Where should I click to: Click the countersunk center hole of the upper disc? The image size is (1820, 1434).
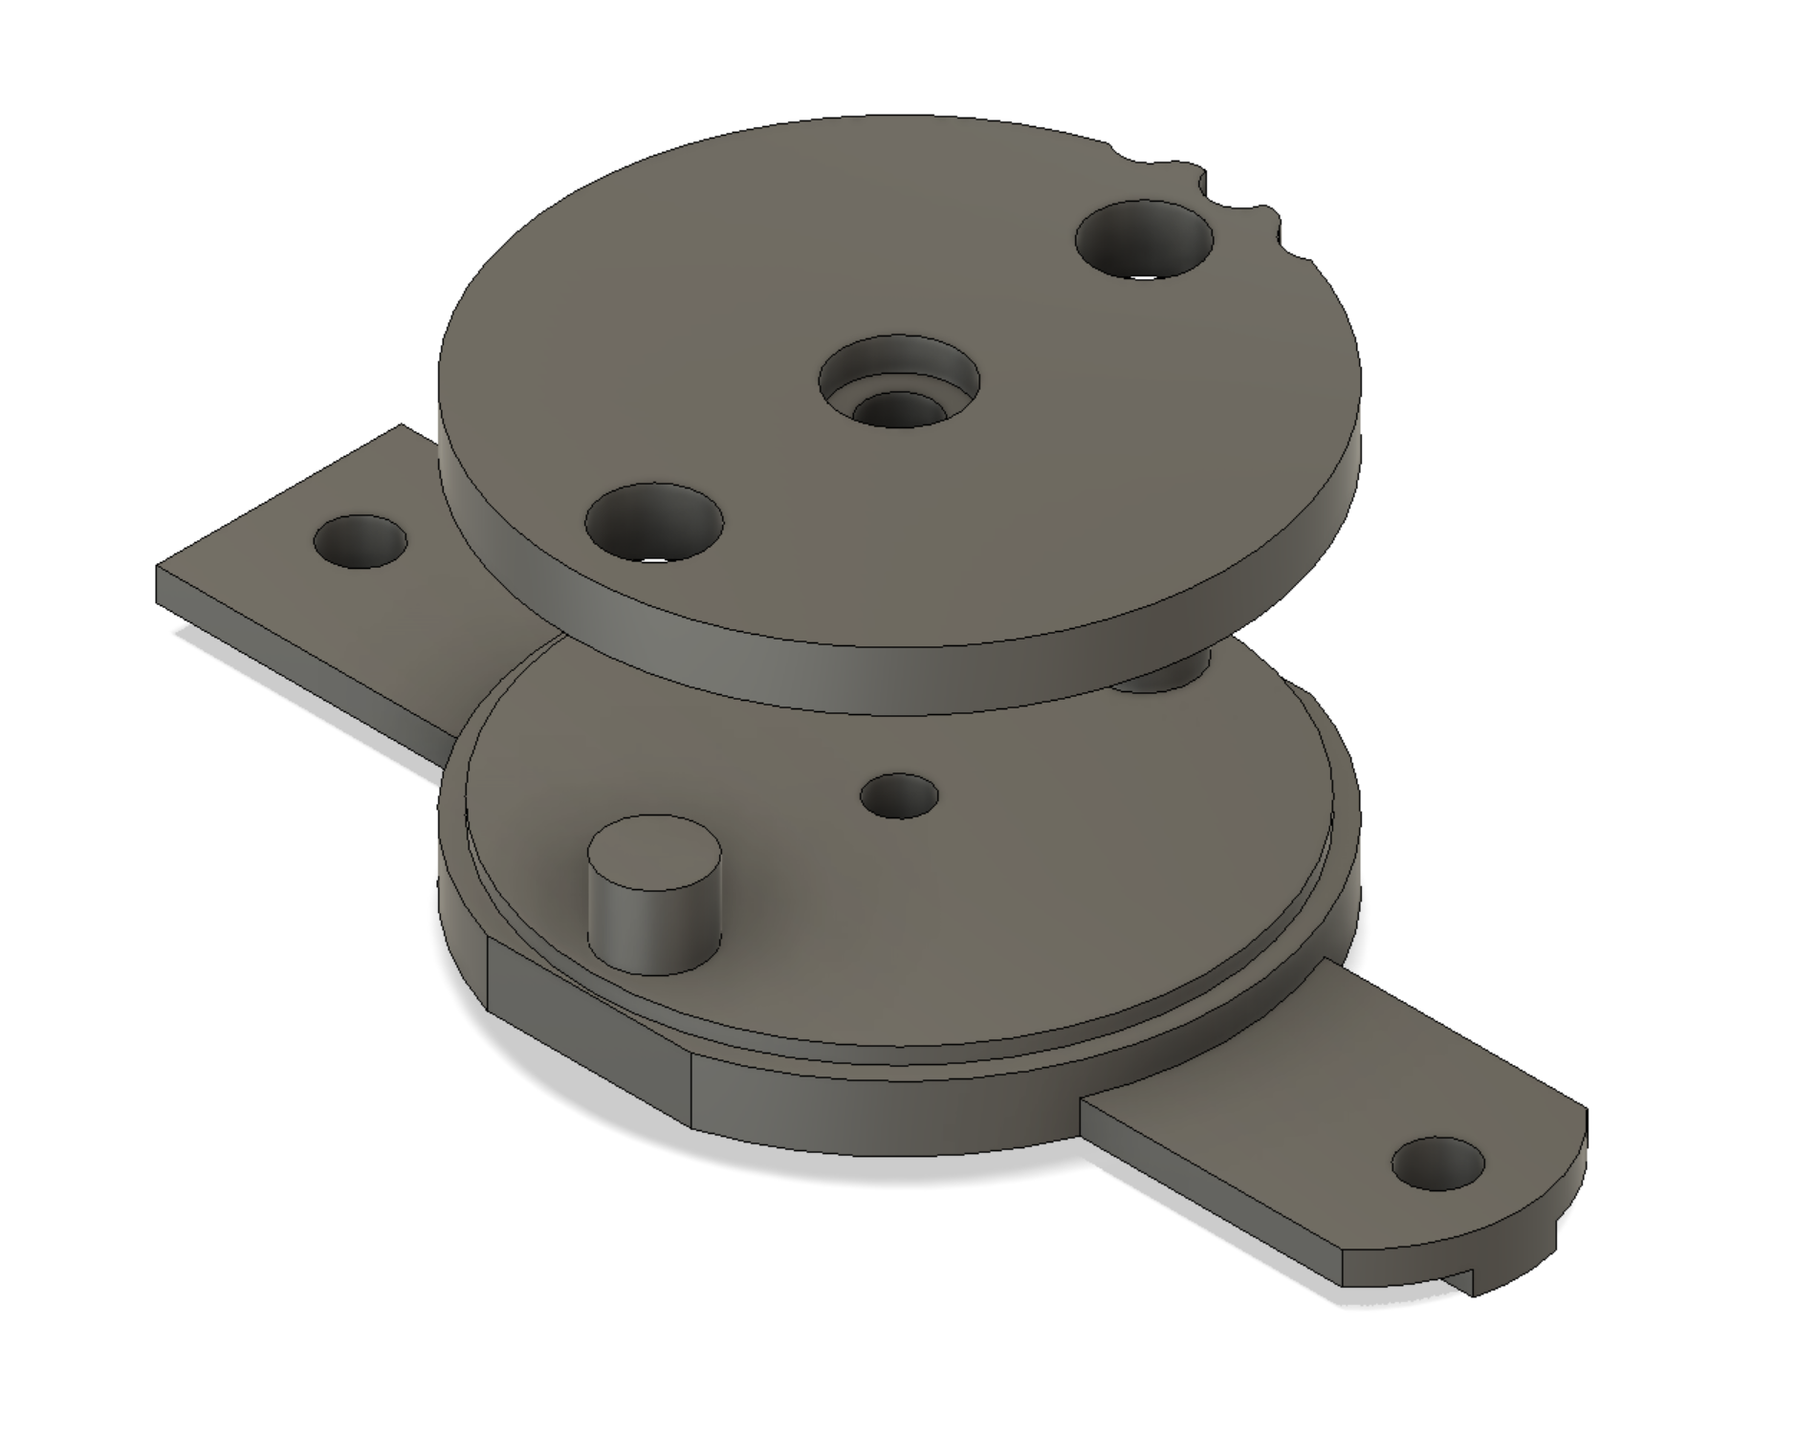(899, 380)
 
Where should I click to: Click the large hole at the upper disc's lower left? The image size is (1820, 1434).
(654, 523)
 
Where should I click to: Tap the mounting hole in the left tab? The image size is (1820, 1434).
(361, 541)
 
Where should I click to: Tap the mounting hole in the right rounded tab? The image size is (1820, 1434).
(1437, 1164)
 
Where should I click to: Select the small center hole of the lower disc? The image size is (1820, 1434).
(899, 795)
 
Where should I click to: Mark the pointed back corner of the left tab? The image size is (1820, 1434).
(402, 427)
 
